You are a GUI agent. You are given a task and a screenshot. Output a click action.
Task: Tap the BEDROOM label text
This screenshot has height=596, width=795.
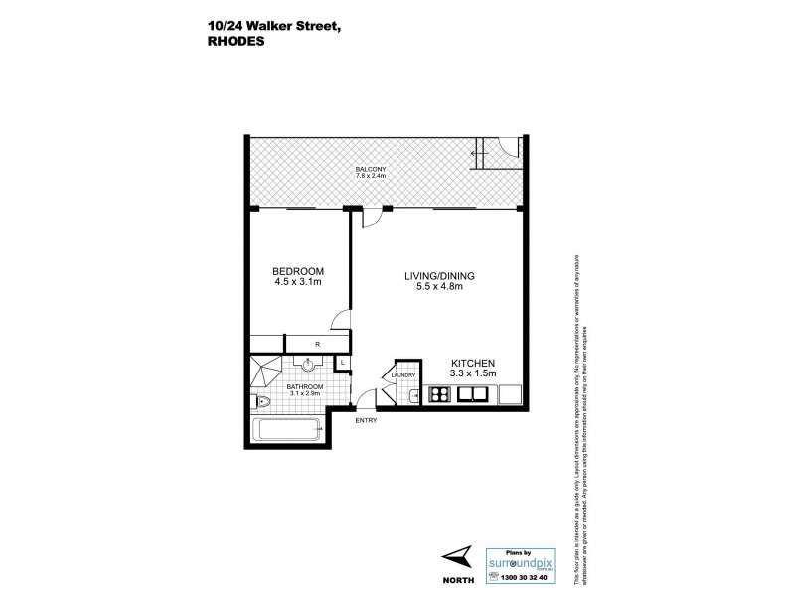click(x=298, y=271)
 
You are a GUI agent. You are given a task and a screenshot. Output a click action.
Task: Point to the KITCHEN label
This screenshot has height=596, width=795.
click(x=474, y=362)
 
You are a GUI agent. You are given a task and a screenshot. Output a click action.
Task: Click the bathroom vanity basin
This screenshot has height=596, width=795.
click(x=309, y=364)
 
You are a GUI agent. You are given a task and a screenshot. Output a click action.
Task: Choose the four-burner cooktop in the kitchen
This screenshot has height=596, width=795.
click(x=438, y=396)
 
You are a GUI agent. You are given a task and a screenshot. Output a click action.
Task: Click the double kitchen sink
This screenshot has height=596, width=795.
click(x=474, y=396)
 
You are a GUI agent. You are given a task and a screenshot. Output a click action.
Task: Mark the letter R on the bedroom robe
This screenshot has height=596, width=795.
click(x=315, y=344)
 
